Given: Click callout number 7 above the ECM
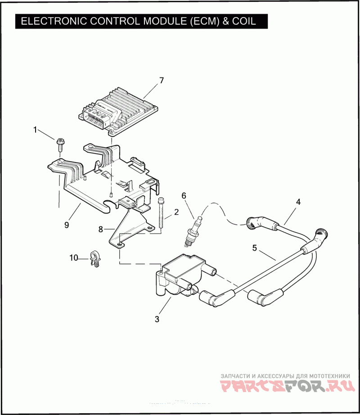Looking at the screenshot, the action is click(x=162, y=81).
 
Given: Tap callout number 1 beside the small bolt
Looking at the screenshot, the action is click(x=35, y=130).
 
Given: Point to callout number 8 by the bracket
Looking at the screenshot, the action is click(x=101, y=229).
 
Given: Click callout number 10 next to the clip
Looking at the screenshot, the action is click(x=73, y=258).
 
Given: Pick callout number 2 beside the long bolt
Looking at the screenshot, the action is click(x=176, y=212).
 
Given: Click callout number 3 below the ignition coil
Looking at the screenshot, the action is click(x=157, y=319).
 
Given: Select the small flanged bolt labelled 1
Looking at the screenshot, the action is click(x=60, y=145).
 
